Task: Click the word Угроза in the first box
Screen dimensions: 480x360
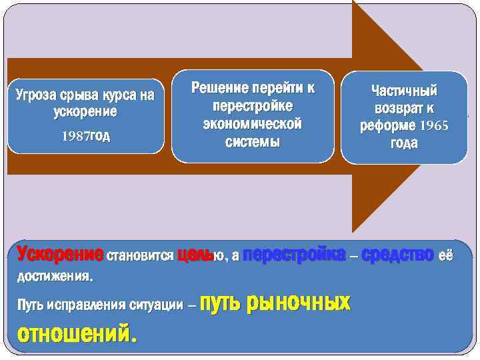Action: (35, 96)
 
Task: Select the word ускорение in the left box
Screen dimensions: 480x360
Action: (85, 111)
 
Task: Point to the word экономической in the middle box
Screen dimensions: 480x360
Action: (253, 124)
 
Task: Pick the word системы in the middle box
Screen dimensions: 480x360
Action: (253, 142)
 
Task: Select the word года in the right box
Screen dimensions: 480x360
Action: (404, 143)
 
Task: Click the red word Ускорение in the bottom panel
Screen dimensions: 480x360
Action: (60, 255)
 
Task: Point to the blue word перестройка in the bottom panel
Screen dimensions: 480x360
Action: (294, 255)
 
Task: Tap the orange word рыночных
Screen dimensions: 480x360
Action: (299, 303)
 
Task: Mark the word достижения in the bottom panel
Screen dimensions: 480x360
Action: (53, 275)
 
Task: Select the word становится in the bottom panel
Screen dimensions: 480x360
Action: (141, 255)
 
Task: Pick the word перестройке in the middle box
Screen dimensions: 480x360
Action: (253, 106)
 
